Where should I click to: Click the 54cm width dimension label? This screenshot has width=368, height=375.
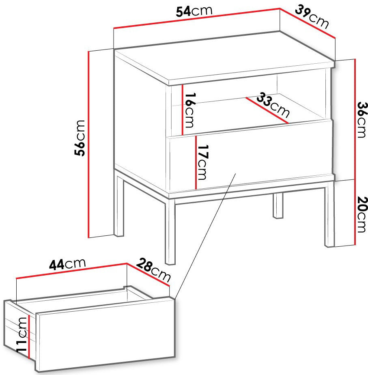(x=194, y=11)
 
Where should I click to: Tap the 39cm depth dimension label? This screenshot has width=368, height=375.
(x=312, y=17)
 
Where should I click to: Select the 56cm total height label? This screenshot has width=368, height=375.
(x=80, y=138)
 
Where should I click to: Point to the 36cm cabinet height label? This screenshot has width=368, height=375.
(x=362, y=120)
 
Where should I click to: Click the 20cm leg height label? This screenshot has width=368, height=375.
(x=362, y=215)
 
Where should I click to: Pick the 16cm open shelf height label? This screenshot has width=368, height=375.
(x=190, y=110)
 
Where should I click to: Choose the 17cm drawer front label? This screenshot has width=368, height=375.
(x=202, y=162)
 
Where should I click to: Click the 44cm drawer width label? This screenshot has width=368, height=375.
(x=67, y=264)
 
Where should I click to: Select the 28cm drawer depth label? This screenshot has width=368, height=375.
(x=153, y=270)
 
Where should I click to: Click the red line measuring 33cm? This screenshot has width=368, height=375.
(x=267, y=110)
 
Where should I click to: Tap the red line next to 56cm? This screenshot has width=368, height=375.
(x=88, y=144)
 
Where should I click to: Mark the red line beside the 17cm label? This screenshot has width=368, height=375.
(x=196, y=162)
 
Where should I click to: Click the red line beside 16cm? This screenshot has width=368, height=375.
(x=183, y=110)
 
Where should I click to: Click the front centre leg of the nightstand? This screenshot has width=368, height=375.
(x=170, y=231)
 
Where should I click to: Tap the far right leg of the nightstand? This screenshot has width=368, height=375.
(x=329, y=214)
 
